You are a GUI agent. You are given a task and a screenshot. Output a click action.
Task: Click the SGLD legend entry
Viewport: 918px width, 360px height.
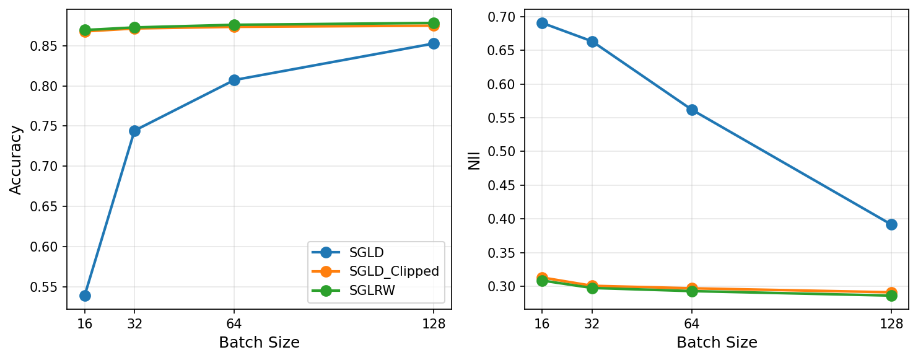pyautogui.click(x=366, y=252)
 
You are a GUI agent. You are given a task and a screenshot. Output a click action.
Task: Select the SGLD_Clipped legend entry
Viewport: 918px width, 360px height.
pyautogui.click(x=394, y=271)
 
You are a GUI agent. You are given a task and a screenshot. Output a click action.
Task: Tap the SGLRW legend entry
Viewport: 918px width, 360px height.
pyautogui.click(x=372, y=291)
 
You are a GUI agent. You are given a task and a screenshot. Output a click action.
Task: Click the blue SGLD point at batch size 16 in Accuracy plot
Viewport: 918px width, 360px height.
pyautogui.click(x=85, y=296)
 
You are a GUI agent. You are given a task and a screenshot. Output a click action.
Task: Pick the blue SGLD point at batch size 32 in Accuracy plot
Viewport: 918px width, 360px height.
pyautogui.click(x=134, y=131)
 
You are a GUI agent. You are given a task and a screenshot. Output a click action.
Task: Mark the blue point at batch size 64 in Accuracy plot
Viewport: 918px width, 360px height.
pyautogui.click(x=234, y=80)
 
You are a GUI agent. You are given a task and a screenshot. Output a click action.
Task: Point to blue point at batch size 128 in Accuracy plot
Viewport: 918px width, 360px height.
pyautogui.click(x=434, y=43)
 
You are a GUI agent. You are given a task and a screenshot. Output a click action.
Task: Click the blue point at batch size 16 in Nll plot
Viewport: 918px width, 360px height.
pyautogui.click(x=542, y=23)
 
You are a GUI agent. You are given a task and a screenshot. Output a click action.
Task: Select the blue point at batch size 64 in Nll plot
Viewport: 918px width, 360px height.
pyautogui.click(x=692, y=110)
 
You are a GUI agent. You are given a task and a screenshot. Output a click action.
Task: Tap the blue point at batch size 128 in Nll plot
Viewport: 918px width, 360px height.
pyautogui.click(x=891, y=224)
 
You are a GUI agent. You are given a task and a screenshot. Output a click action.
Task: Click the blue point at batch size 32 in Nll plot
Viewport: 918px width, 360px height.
pyautogui.click(x=592, y=42)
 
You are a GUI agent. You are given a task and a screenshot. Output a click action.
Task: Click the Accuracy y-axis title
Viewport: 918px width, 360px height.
pyautogui.click(x=16, y=159)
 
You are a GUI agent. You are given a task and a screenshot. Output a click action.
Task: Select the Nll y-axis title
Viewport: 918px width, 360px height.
pyautogui.click(x=474, y=159)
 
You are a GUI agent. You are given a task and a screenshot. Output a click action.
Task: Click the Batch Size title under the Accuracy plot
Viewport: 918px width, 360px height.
pyautogui.click(x=259, y=343)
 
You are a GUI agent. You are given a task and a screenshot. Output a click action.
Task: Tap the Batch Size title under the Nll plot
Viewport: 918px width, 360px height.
pyautogui.click(x=717, y=343)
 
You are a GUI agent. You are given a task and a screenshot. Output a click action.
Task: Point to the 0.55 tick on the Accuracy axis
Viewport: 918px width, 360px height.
pyautogui.click(x=46, y=287)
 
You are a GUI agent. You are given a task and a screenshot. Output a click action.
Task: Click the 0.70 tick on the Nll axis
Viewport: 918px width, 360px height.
pyautogui.click(x=504, y=17)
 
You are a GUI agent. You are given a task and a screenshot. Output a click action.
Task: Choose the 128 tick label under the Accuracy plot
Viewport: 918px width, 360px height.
pyautogui.click(x=434, y=323)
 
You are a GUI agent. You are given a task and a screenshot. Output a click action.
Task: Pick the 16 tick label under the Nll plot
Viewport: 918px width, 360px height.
pyautogui.click(x=542, y=323)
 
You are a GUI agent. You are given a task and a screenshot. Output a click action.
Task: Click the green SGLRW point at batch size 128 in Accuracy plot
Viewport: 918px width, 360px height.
pyautogui.click(x=434, y=23)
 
